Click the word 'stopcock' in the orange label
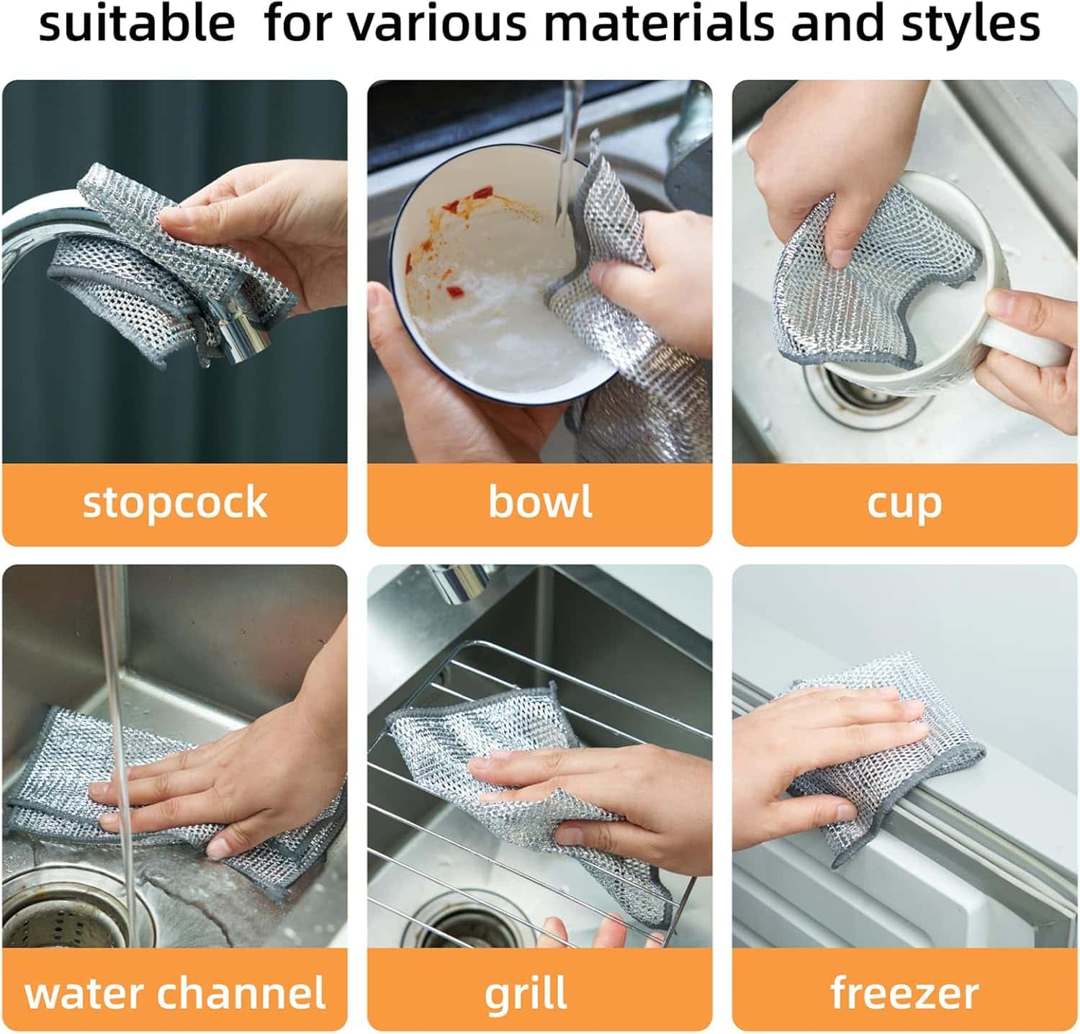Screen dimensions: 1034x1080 (x=174, y=503)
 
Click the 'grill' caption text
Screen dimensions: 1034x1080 (x=526, y=994)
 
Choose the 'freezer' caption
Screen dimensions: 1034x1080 (x=904, y=993)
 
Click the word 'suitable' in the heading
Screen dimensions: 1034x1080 (x=137, y=23)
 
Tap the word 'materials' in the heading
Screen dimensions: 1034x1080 (x=659, y=23)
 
